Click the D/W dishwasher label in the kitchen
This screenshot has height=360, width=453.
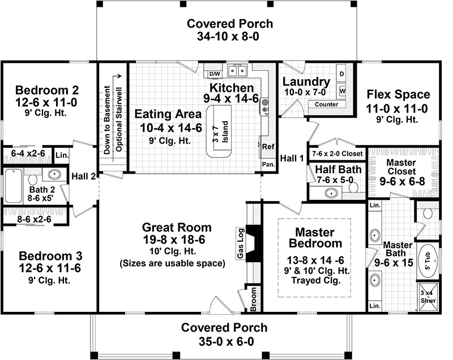[x=215, y=74]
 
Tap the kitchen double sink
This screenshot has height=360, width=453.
[x=237, y=70]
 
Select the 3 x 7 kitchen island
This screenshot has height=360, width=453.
[x=219, y=131]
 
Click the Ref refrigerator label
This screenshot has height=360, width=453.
[x=268, y=147]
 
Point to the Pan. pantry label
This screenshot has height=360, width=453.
[x=268, y=165]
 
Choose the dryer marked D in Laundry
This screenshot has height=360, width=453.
[x=341, y=74]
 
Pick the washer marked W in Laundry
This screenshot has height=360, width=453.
[x=342, y=91]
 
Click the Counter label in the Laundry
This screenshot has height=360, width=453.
[x=327, y=104]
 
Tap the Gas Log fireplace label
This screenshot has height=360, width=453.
[x=241, y=243]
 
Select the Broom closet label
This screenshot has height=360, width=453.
[x=253, y=299]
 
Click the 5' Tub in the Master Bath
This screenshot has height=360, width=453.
[x=428, y=262]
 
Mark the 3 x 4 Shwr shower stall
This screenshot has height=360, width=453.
[x=428, y=297]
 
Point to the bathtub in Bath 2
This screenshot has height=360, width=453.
[x=13, y=186]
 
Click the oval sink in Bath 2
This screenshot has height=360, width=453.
[x=54, y=174]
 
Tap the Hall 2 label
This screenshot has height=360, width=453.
[x=83, y=176]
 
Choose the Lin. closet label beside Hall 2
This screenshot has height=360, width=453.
[x=62, y=155]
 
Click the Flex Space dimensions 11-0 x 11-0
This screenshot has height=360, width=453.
[x=397, y=109]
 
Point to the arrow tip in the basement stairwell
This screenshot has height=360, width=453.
[x=121, y=76]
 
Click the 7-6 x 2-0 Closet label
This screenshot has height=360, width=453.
[x=337, y=153]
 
